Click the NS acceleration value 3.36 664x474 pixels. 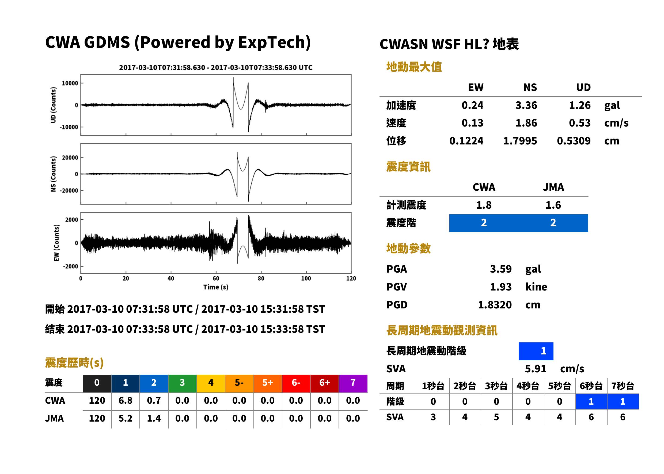tap(526, 105)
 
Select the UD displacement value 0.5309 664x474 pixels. tap(574, 141)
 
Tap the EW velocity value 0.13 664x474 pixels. tap(472, 123)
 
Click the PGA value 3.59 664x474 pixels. tap(500, 269)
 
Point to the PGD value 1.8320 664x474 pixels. tap(495, 305)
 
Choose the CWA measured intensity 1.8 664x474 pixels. tap(484, 205)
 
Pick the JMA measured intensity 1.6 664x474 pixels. tap(553, 205)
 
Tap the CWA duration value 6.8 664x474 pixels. tap(125, 400)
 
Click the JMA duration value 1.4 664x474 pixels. tap(154, 418)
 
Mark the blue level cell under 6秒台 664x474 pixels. tap(591, 402)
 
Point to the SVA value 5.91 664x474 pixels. tap(536, 369)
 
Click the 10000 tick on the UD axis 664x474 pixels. tap(70, 83)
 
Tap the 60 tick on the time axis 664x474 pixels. tap(216, 278)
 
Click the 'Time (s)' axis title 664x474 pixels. tap(216, 287)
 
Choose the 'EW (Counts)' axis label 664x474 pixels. tap(56, 243)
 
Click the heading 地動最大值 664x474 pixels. tap(414, 67)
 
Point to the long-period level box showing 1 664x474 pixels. tap(536, 351)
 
